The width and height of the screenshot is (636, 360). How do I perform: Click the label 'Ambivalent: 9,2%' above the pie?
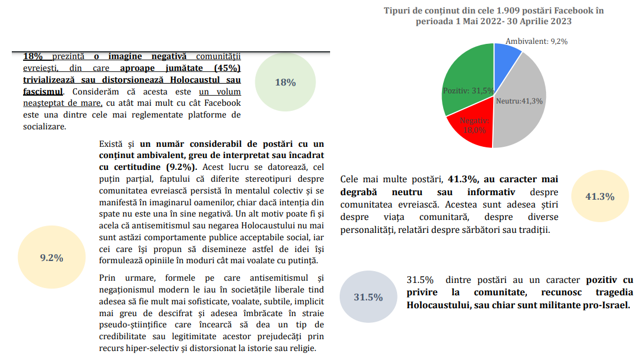[536, 41]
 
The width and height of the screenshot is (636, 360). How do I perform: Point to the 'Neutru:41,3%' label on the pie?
[519, 101]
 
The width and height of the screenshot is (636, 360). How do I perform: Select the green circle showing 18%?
[285, 83]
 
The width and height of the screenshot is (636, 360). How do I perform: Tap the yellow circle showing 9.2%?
[51, 258]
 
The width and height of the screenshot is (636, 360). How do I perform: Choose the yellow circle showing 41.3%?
[600, 197]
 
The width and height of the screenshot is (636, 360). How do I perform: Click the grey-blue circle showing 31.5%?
[368, 297]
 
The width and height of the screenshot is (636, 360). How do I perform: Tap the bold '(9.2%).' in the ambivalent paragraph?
[182, 167]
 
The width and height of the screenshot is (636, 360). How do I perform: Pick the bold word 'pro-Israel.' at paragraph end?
[606, 305]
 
